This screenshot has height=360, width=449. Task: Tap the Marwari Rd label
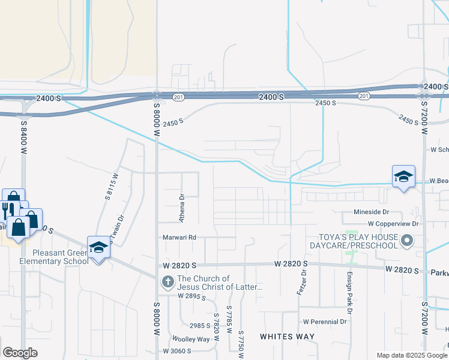coord(180,238)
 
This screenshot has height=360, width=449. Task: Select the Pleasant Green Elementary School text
coord(53,257)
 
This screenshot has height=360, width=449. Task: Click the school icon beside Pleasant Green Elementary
coord(98,247)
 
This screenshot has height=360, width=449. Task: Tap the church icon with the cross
coord(167,280)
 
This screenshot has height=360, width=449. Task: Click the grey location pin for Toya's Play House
coord(408,241)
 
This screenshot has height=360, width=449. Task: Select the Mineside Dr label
coord(372,212)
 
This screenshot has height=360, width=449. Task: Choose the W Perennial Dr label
coord(325,322)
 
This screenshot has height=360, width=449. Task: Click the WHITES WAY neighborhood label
coord(287,337)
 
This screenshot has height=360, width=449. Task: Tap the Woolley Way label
coord(191,339)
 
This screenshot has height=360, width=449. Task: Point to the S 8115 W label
coord(110,186)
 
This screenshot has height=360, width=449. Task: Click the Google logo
coord(20,353)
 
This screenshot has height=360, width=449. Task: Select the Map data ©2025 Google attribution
coord(411,355)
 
